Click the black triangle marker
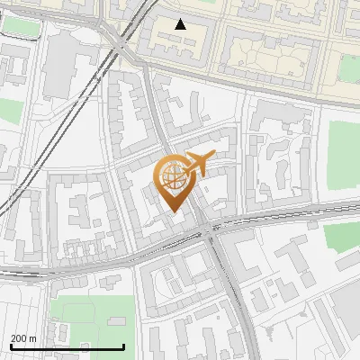coord(181,24)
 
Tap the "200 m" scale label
coord(23,338)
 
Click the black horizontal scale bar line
coord(67,346)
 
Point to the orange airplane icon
coord(196,163)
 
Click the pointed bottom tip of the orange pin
coord(172,212)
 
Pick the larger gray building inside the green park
coord(116,321)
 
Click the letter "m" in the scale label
coord(32,338)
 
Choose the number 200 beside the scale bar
coord(18,338)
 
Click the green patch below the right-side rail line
coord(342,236)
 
